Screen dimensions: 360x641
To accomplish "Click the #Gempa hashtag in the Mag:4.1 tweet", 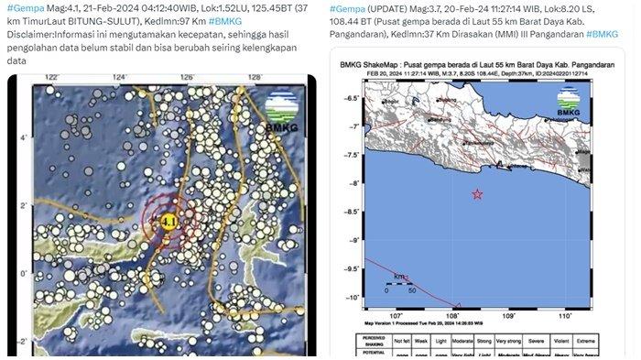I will pyautogui.click(x=21, y=7).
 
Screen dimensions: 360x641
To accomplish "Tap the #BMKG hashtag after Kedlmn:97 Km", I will pyautogui.click(x=227, y=20).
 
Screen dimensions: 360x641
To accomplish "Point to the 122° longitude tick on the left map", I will pyautogui.click(x=52, y=79).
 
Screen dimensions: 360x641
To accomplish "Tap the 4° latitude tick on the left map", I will pyautogui.click(x=24, y=138).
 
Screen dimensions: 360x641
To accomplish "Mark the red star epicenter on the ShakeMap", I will pyautogui.click(x=477, y=193).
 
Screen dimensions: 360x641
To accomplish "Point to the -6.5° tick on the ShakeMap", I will pyautogui.click(x=351, y=97).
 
